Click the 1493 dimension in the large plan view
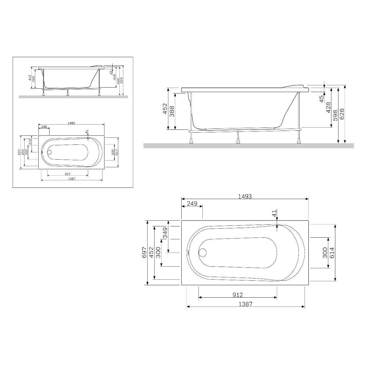pyautogui.click(x=245, y=197)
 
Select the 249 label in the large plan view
pyautogui.click(x=192, y=204)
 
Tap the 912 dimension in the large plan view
pyautogui.click(x=238, y=295)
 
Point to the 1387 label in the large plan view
pyautogui.click(x=246, y=304)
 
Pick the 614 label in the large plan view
pyautogui.click(x=332, y=253)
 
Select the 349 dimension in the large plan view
pyautogui.click(x=165, y=233)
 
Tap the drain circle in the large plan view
pyautogui.click(x=202, y=252)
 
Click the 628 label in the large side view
pyautogui.click(x=342, y=114)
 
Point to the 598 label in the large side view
pyautogui.click(x=335, y=115)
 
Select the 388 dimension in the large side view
pyautogui.click(x=172, y=111)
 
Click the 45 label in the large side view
pyautogui.click(x=322, y=99)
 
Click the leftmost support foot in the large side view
pyautogui.click(x=192, y=139)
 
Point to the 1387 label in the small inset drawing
pyautogui.click(x=72, y=179)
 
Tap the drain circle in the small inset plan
pyautogui.click(x=50, y=152)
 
